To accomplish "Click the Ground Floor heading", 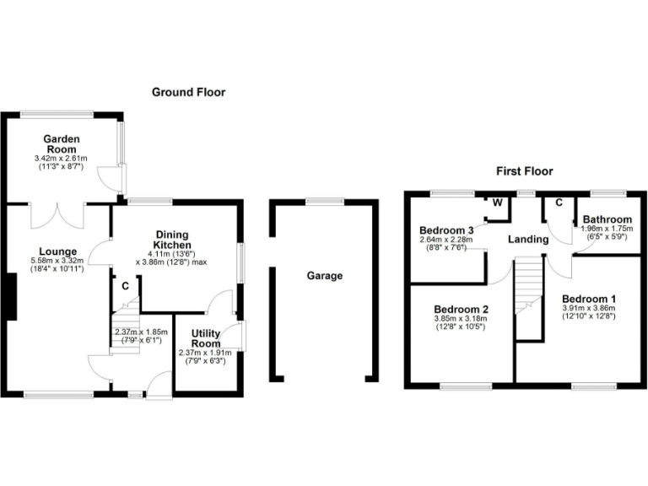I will pyautogui.click(x=188, y=92).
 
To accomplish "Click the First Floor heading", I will pyautogui.click(x=524, y=171).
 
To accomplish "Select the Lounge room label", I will pyautogui.click(x=57, y=251).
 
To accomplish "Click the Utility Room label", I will pyautogui.click(x=207, y=338).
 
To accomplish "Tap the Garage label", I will pyautogui.click(x=325, y=276).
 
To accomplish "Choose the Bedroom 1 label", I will pyautogui.click(x=589, y=300).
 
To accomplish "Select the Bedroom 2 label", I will pyautogui.click(x=461, y=310).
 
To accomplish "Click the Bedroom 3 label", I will pyautogui.click(x=446, y=229).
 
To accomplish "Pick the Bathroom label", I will pyautogui.click(x=607, y=219).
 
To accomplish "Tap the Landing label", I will pyautogui.click(x=529, y=240).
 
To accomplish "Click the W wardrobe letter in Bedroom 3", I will pyautogui.click(x=498, y=203).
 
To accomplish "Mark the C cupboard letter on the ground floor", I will pyautogui.click(x=126, y=286).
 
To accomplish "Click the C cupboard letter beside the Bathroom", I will pyautogui.click(x=559, y=203).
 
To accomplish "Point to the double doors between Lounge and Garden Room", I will pyautogui.click(x=57, y=216).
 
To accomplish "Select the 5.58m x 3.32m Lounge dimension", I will pyautogui.click(x=57, y=262).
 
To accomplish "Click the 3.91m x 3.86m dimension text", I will pyautogui.click(x=589, y=310).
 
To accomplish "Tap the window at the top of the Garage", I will pyautogui.click(x=324, y=201).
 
